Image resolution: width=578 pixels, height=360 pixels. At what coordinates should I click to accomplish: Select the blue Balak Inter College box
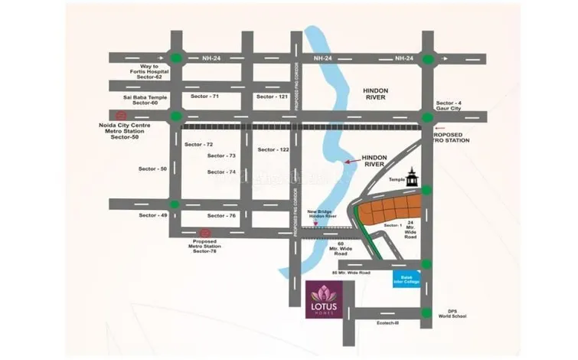407,279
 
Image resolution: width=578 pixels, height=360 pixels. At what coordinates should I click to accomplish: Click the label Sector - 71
204,97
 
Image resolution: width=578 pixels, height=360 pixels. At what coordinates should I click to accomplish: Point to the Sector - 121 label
272,97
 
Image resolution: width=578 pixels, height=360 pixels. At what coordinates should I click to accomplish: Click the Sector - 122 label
273,149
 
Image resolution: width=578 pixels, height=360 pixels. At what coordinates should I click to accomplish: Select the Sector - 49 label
153,215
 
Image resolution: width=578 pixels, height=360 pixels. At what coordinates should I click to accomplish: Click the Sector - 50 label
152,168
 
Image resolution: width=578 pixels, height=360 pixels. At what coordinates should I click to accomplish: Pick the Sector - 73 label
221,155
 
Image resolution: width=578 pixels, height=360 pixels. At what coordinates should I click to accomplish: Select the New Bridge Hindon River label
323,214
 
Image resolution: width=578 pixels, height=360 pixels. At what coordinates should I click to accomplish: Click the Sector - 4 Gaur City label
450,105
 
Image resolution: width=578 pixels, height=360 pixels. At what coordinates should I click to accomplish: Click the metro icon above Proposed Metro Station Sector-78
204,233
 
